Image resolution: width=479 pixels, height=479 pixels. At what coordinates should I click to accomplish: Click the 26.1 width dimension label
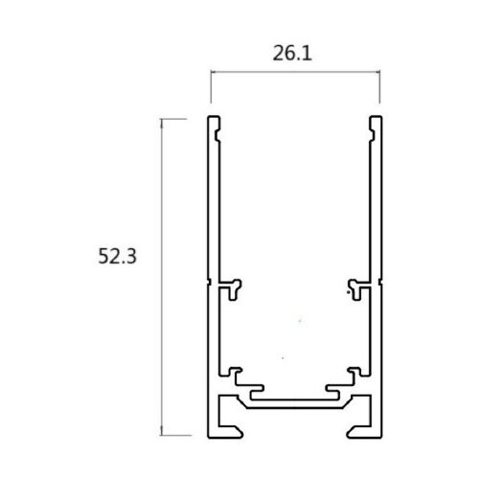pyautogui.click(x=292, y=54)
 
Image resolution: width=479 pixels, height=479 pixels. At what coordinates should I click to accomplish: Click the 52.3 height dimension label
pyautogui.click(x=117, y=256)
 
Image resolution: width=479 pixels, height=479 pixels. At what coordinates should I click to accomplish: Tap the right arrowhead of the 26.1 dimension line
pyautogui.click(x=377, y=72)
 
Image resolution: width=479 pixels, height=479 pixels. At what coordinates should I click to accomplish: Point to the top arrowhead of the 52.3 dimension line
pyautogui.click(x=162, y=122)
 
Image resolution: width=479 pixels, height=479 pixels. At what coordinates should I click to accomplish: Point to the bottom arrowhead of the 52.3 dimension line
pyautogui.click(x=162, y=431)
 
